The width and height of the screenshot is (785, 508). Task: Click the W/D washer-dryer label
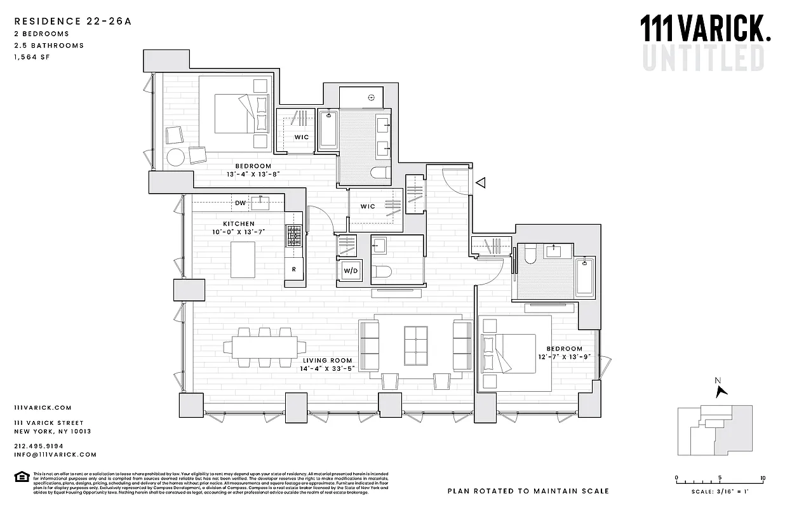coord(349,271)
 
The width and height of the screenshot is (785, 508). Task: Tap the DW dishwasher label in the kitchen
coord(240,203)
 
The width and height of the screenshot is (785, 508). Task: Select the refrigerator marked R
coord(293,269)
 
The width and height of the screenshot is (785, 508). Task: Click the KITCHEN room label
coord(239,224)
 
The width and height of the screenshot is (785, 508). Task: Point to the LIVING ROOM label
coord(327,360)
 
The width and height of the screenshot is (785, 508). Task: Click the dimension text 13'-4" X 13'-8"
coord(253,174)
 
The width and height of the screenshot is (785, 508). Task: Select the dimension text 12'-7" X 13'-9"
coord(564,358)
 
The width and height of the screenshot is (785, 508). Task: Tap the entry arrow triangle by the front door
coord(481,183)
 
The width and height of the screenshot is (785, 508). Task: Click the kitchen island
coord(243,259)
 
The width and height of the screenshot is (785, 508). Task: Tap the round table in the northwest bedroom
coord(175,157)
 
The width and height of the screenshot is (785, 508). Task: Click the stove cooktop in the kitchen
coord(294,235)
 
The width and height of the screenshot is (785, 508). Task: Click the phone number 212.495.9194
coord(38,446)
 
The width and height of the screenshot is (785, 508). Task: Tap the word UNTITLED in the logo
coord(703,58)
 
